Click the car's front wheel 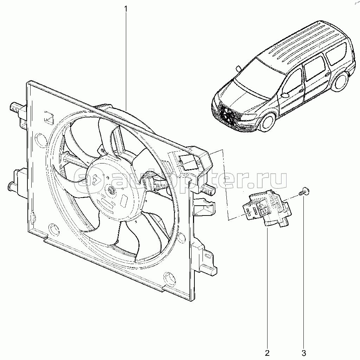pyautogui.click(x=268, y=122)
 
